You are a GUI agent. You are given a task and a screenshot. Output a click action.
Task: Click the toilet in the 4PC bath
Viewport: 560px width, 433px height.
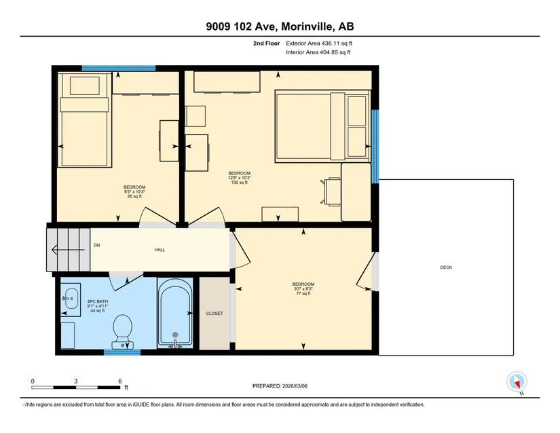122,331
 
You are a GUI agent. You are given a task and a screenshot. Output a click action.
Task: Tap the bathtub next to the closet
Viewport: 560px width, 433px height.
175,313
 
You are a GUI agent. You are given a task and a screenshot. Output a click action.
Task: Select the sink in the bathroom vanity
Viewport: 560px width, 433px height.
71,299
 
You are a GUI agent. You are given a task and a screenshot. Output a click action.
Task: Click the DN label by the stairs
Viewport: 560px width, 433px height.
97,245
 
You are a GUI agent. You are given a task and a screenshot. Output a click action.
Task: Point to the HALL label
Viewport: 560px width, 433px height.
160,250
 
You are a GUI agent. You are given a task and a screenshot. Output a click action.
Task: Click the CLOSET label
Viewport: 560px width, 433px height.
214,314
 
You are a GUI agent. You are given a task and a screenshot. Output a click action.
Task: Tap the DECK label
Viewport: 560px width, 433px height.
446,267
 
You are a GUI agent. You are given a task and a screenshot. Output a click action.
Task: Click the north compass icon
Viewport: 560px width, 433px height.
517,382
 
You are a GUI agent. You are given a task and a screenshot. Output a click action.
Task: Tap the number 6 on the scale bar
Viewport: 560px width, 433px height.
120,381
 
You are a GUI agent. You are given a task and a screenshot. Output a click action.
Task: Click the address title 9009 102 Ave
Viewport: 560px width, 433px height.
243,26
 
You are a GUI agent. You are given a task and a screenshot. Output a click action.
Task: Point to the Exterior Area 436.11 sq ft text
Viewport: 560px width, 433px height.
319,43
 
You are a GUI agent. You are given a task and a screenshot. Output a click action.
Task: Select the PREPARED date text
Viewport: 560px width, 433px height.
280,386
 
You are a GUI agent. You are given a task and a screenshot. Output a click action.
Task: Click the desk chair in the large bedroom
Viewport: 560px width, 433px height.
331,191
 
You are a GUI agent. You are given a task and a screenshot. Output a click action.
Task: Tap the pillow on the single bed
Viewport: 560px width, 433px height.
84,86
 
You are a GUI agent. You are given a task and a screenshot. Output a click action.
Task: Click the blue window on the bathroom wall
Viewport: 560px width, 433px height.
122,353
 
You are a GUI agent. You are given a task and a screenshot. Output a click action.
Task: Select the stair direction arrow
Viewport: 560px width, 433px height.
68,250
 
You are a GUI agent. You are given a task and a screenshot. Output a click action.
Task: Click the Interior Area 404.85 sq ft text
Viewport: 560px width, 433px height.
318,52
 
